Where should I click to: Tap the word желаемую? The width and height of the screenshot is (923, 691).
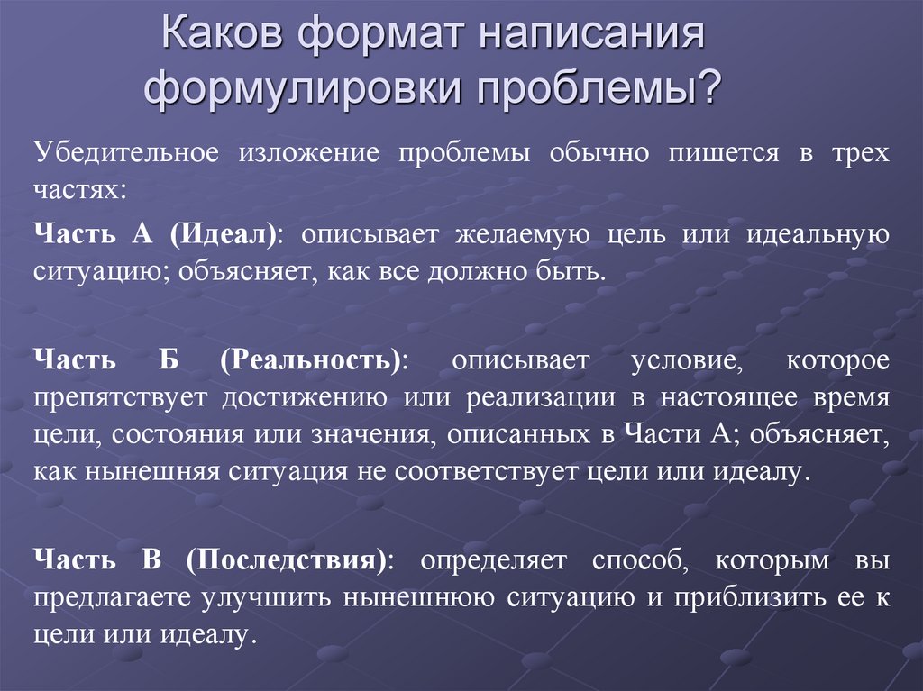point(523,234)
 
